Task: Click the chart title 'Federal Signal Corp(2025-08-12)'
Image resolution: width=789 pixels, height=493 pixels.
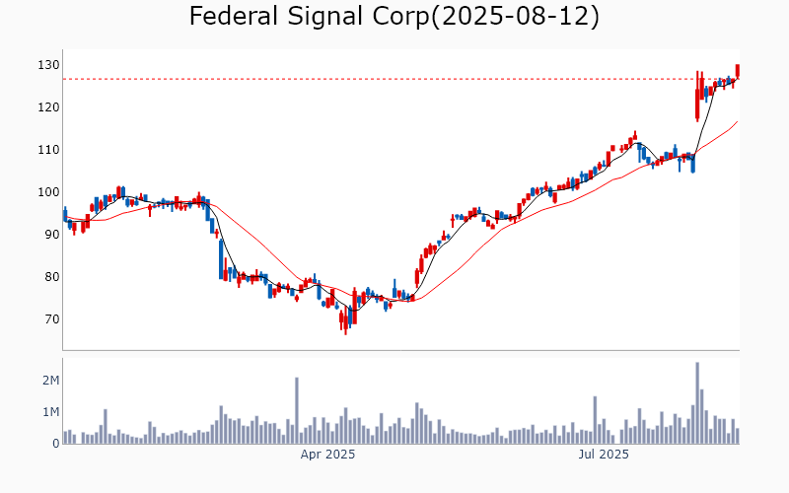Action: coord(394,17)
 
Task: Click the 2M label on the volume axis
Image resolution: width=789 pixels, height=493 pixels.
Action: coord(50,380)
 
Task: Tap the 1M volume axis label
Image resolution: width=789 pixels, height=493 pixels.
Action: coord(50,411)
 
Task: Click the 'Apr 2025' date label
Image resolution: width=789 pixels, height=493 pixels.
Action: coord(327,455)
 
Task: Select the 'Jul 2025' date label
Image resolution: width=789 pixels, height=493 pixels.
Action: coord(602,455)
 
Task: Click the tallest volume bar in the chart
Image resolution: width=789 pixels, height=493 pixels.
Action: coord(697,402)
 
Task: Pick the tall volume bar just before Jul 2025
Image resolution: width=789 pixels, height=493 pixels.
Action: coord(595,420)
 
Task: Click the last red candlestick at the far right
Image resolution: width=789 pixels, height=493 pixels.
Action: coord(737,71)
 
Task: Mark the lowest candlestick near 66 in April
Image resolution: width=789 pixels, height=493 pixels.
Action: coord(345,320)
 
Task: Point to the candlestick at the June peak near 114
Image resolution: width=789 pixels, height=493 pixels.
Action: coord(635,135)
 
